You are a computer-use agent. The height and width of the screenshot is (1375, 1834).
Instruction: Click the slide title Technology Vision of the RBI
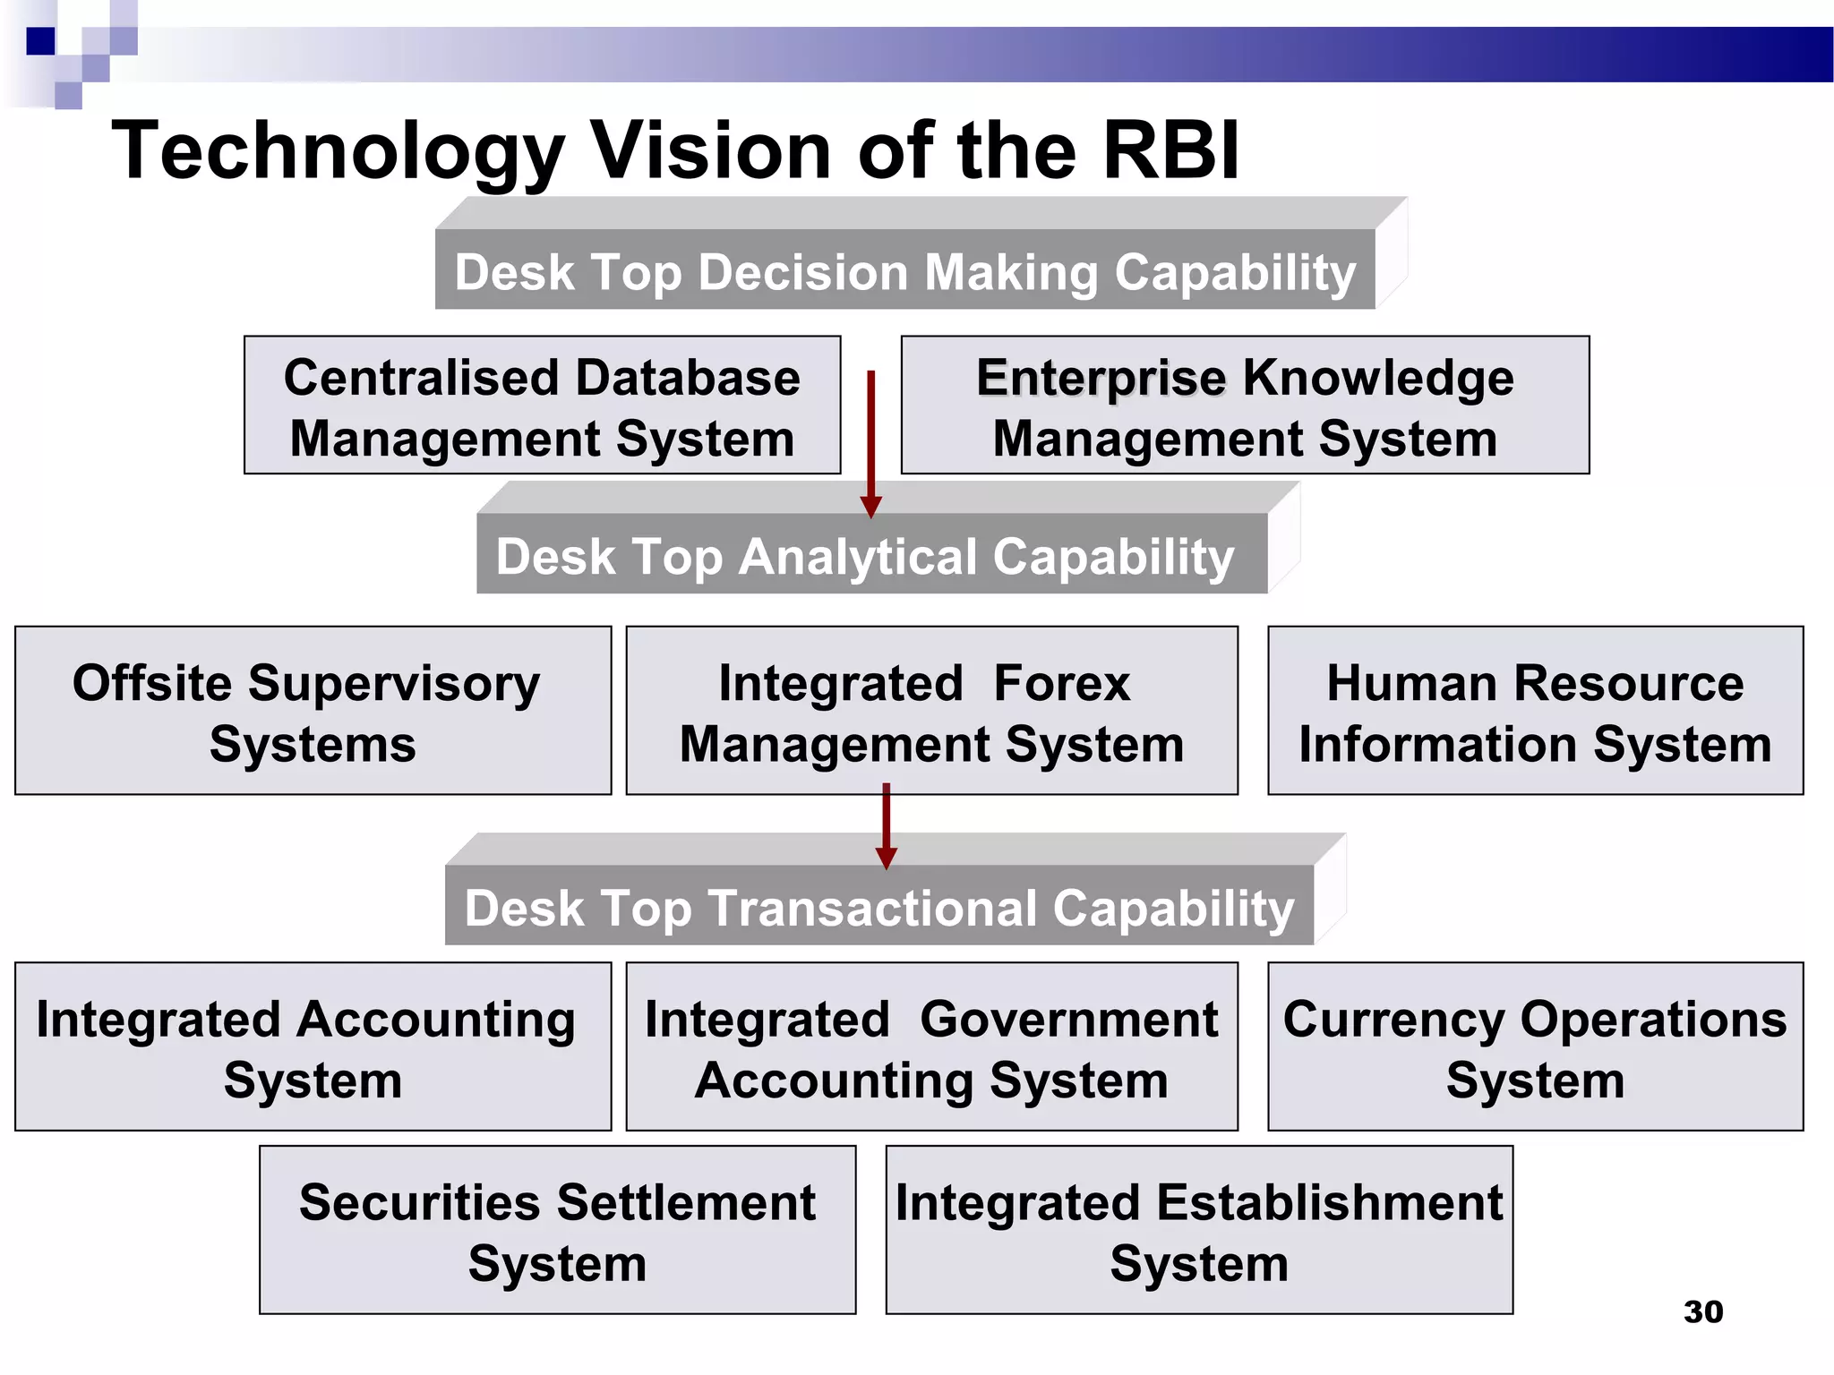675,150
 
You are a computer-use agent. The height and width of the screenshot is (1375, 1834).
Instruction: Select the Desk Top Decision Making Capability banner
904,270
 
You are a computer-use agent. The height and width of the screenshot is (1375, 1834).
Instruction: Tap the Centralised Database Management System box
542,406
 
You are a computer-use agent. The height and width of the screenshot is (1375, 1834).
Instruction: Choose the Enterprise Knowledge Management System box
1244,406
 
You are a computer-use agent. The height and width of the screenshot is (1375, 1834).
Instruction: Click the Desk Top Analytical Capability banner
865,555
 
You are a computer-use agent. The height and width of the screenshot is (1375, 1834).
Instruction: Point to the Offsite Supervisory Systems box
313,711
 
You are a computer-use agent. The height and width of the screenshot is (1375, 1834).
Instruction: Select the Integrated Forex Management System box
931,711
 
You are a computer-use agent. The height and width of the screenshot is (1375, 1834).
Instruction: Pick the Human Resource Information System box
1535,711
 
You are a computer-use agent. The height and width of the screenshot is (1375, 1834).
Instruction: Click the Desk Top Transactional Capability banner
878,906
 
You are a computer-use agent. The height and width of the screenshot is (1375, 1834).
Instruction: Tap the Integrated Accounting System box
313,1046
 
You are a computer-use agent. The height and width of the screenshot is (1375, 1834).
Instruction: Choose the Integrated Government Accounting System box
931,1046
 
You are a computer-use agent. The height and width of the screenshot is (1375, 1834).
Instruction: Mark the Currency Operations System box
1535,1046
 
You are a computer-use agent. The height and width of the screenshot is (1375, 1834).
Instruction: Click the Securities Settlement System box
557,1230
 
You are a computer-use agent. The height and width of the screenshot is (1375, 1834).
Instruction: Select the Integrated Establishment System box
1199,1230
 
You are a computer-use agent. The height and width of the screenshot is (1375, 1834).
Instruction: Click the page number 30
1702,1311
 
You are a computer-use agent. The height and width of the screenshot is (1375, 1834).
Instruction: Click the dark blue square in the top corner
40,41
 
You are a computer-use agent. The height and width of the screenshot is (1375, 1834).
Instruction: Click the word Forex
1061,683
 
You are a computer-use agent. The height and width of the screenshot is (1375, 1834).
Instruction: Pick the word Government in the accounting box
1068,1019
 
